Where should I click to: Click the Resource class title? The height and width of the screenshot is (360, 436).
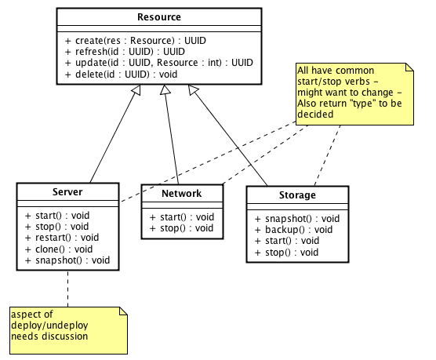tap(159, 17)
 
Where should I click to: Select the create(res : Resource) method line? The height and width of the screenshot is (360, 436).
tap(136, 41)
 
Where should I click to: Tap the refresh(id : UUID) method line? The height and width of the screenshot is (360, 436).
tap(125, 52)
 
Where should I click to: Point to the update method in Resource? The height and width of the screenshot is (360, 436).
tap(159, 63)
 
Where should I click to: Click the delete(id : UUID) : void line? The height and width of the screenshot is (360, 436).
tap(121, 75)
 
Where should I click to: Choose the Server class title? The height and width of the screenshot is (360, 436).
tap(67, 192)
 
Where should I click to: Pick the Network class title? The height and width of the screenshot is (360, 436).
tap(182, 194)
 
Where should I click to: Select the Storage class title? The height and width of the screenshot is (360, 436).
tap(297, 195)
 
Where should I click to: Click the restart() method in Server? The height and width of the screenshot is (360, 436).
tap(62, 238)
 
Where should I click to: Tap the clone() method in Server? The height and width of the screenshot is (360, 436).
tap(59, 249)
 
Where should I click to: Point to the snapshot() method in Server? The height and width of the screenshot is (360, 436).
tap(67, 260)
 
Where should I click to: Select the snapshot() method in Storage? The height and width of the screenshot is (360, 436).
tap(297, 219)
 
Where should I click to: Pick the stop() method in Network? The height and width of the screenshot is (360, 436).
tap(182, 228)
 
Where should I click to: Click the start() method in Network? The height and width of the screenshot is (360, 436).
tap(182, 217)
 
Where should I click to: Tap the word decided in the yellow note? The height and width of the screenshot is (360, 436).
tap(315, 115)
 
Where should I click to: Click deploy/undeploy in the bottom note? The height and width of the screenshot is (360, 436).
tap(49, 325)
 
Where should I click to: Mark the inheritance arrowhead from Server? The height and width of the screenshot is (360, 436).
tap(136, 89)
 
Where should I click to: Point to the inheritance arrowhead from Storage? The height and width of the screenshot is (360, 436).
tap(193, 89)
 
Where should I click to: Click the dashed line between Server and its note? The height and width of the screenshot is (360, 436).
tap(68, 289)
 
